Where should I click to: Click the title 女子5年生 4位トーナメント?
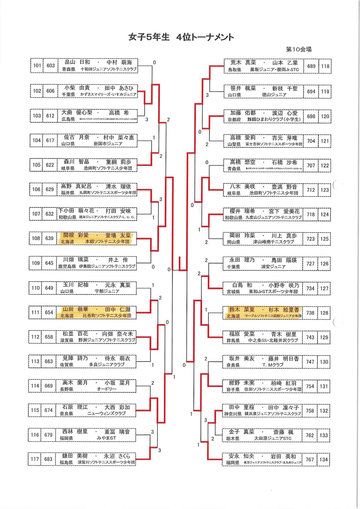[181, 37]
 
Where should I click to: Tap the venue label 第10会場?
[298, 50]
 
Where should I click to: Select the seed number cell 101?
[37, 66]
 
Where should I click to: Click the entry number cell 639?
[49, 238]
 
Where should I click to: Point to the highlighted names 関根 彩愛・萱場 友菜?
[97, 235]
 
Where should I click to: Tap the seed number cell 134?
[324, 460]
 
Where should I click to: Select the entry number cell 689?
[311, 66]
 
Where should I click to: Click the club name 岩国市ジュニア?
[108, 144]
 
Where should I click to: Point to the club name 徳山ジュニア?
[274, 95]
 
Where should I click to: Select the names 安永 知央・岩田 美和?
[262, 456]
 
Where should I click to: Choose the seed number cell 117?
[35, 459]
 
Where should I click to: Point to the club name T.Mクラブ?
[273, 365]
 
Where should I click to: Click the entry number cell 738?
[310, 313]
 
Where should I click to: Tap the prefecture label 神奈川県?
[233, 414]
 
